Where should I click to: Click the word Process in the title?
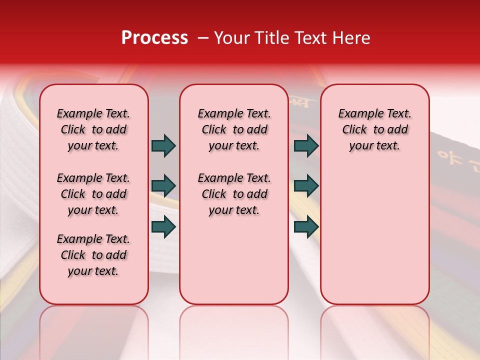click(154, 38)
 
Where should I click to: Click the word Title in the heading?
click(270, 38)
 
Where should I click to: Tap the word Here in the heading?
click(351, 38)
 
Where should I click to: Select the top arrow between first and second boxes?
click(163, 145)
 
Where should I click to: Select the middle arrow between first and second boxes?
click(163, 186)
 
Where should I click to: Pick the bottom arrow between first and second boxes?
click(163, 226)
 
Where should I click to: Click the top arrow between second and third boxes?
click(306, 145)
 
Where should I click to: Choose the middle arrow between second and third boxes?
click(306, 186)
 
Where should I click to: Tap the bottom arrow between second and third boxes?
click(306, 226)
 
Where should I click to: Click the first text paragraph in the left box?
click(93, 129)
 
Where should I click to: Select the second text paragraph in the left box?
click(93, 194)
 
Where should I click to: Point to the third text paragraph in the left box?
click(93, 255)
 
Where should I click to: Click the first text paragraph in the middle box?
click(234, 129)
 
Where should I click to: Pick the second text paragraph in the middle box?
click(234, 194)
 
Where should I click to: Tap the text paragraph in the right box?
click(375, 129)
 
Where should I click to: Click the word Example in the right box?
click(357, 114)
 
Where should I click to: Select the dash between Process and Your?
click(202, 38)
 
